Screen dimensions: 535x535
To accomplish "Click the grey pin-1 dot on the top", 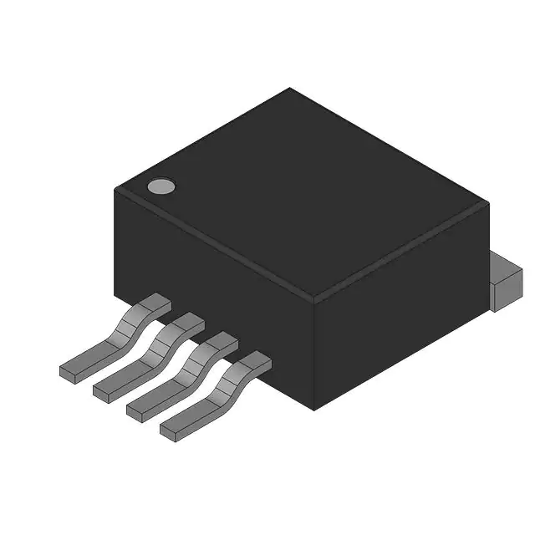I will [161, 186].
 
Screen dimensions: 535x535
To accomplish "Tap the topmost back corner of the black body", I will [289, 88].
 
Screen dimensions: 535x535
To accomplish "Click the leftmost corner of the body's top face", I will [115, 190].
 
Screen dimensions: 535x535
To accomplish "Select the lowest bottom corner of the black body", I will [313, 409].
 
